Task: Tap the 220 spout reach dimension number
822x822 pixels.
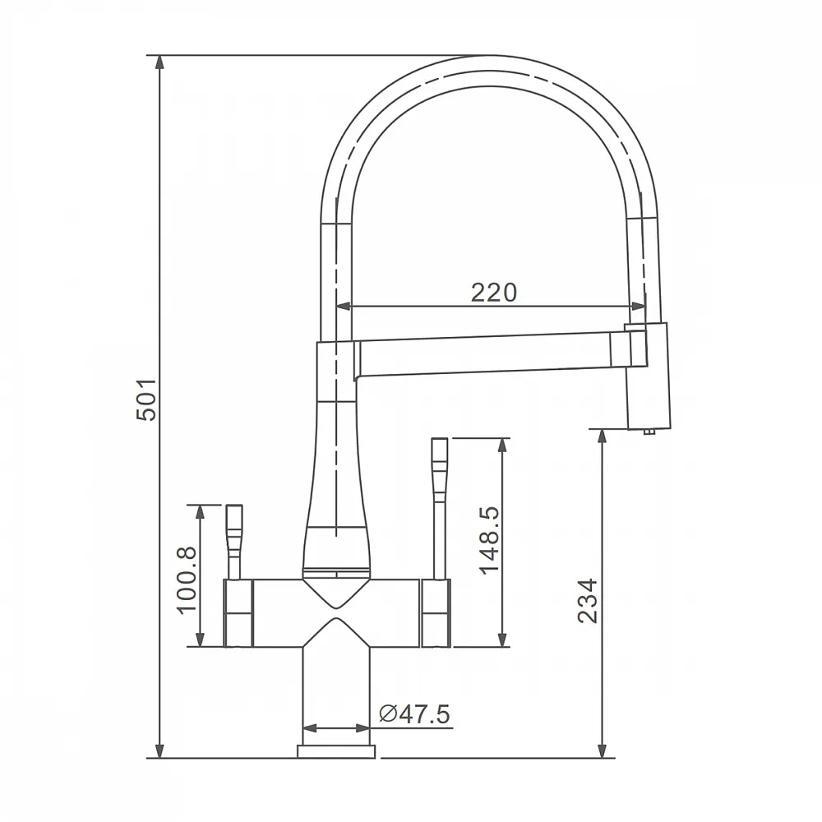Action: [x=494, y=293]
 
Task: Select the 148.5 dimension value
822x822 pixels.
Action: [x=491, y=541]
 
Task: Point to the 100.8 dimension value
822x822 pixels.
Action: [x=187, y=580]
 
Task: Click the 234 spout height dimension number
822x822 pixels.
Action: [x=588, y=601]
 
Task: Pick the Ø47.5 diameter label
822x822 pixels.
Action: [x=414, y=714]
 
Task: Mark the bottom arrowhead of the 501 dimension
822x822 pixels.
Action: [x=160, y=750]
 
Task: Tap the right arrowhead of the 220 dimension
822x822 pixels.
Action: [x=638, y=306]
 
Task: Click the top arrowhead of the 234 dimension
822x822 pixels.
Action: [x=603, y=437]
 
